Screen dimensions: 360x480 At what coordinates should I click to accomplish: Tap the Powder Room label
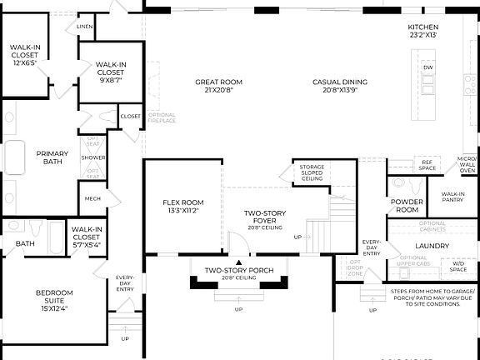pos(407,206)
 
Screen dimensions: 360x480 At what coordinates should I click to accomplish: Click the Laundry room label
pos(432,246)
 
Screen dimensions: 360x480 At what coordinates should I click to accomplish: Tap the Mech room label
pos(92,199)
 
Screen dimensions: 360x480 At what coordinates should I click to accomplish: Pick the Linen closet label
pos(84,27)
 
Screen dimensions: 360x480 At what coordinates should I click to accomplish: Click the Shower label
pos(92,157)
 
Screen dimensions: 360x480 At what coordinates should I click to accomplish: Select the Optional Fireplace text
pos(162,117)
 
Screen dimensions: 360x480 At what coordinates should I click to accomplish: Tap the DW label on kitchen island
pos(427,67)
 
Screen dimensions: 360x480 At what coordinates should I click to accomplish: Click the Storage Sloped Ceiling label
pos(312,172)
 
